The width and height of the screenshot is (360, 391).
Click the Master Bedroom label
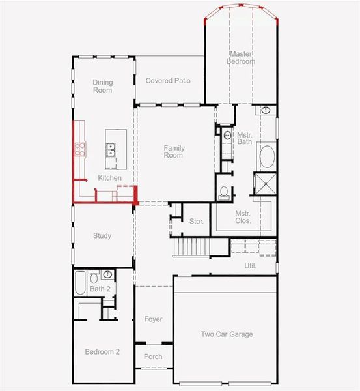[x=241, y=57]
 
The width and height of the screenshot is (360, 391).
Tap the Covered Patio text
[x=168, y=81]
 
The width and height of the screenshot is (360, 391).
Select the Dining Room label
[x=102, y=86]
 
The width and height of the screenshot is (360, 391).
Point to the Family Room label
[x=173, y=152]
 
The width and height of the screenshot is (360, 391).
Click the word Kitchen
[x=109, y=178]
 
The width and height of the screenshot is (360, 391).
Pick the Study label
[x=102, y=236]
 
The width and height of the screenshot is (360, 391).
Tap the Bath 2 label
[x=100, y=289]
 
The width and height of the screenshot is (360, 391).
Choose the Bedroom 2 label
[x=102, y=352]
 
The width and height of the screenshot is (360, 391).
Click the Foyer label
[x=153, y=319]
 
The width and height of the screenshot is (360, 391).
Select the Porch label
[x=153, y=356]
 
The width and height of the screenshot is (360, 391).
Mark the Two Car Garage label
[x=227, y=334]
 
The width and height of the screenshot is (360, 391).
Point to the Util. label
[x=251, y=266]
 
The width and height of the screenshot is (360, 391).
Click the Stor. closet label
[x=197, y=222]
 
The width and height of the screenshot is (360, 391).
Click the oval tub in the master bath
[x=267, y=157]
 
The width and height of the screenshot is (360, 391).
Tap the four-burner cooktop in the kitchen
[x=79, y=150]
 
